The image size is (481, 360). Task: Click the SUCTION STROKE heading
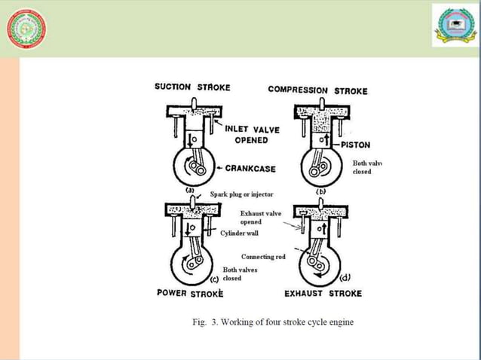191,87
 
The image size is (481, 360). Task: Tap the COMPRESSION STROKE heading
317,90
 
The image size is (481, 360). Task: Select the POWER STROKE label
190,293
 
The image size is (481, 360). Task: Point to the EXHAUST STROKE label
323,293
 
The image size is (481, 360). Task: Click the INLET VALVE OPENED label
252,134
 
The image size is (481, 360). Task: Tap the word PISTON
356,145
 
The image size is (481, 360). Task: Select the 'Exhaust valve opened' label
260,218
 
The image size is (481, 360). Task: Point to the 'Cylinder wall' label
239,233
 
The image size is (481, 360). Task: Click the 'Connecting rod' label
263,257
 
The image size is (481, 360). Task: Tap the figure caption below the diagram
272,322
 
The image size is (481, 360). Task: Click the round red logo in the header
26,29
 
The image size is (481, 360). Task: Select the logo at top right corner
454,25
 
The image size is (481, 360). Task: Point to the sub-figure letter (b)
320,191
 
